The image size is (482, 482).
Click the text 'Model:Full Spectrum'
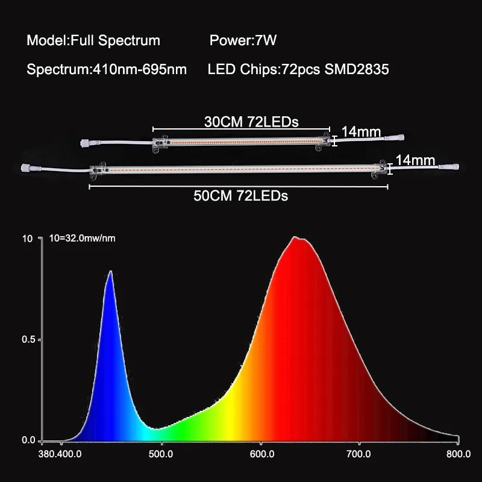point(93,41)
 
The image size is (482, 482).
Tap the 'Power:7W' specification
point(243,41)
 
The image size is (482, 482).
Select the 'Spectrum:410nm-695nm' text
point(107,69)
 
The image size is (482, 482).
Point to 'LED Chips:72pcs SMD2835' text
point(298,69)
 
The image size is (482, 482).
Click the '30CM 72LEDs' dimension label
point(251,121)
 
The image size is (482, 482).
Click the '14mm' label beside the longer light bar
point(416,160)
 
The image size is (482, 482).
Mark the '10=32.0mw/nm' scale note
point(81,238)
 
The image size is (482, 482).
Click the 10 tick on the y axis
point(27,238)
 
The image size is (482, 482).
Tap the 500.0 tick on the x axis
point(161,454)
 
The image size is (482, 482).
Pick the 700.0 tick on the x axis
point(360,454)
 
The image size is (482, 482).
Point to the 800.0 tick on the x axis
point(460,454)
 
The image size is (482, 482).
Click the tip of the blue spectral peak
point(110,272)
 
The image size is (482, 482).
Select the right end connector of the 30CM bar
point(399,137)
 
